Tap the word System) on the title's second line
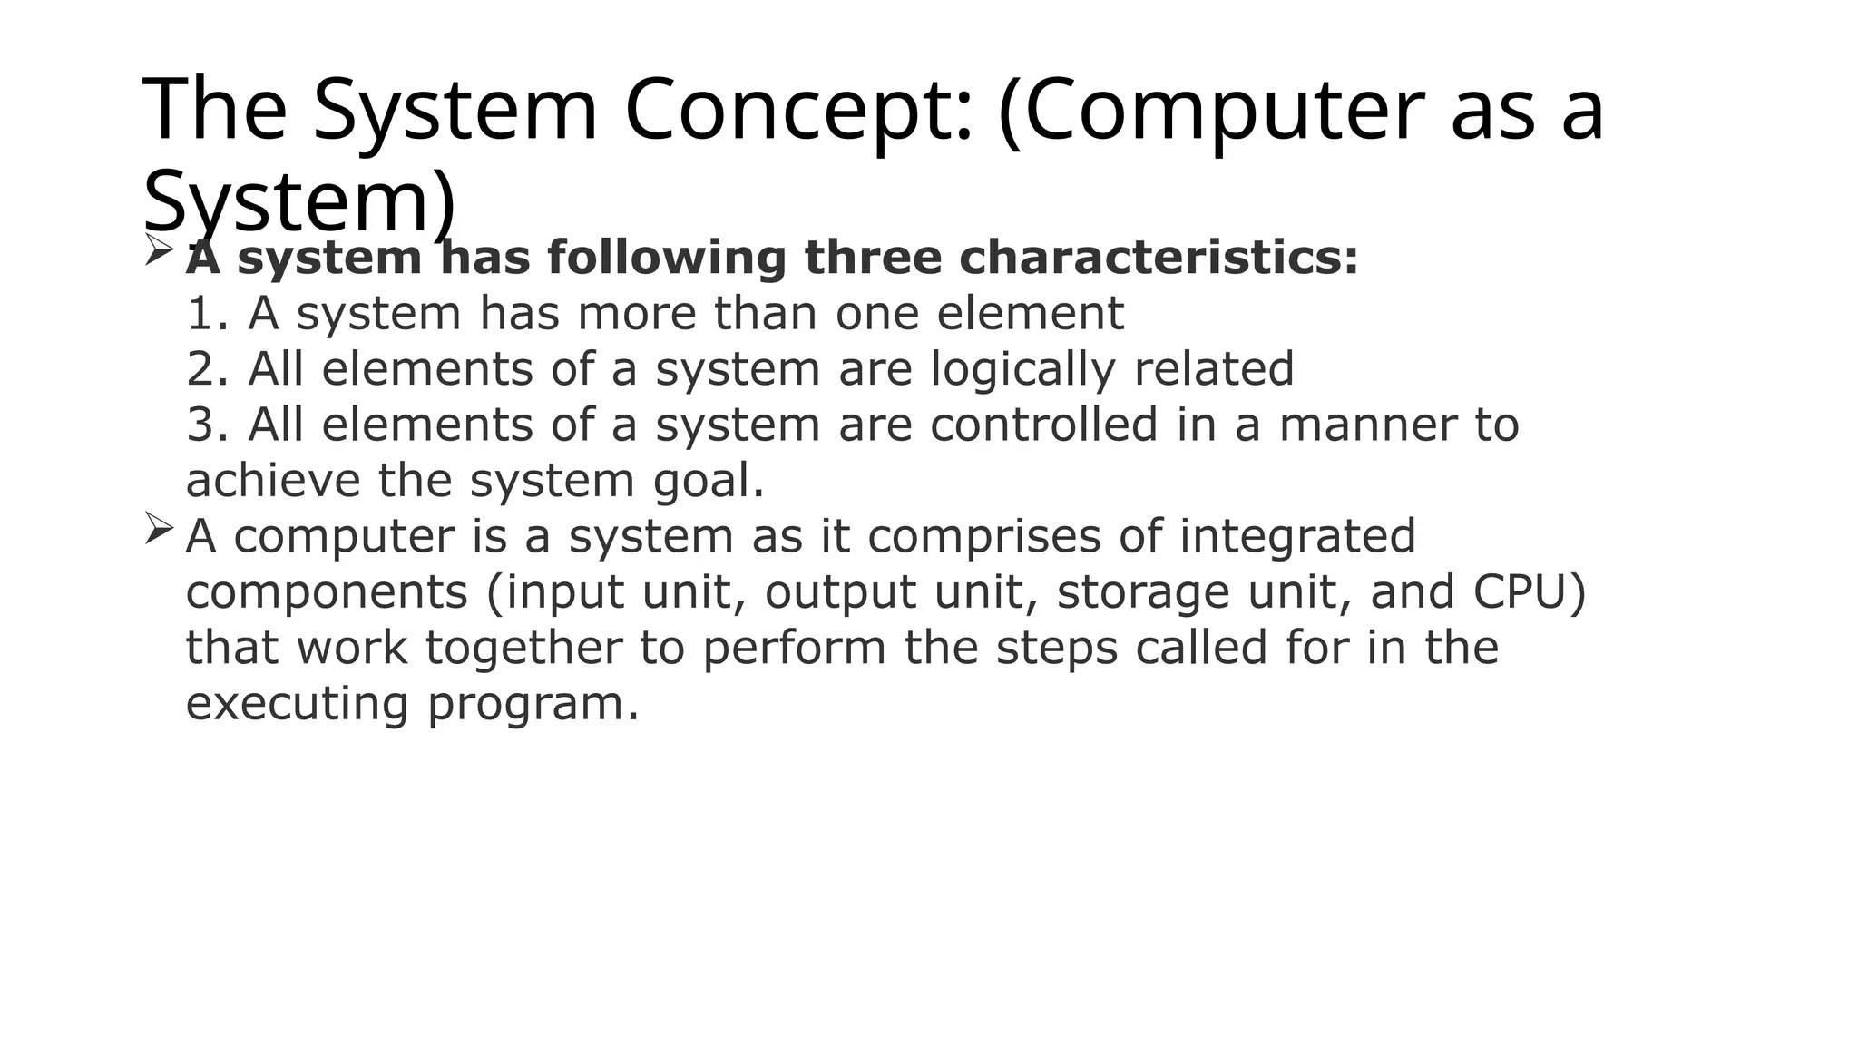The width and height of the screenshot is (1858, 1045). click(299, 201)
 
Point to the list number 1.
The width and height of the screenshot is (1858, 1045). click(206, 314)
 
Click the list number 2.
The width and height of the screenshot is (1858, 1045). click(206, 369)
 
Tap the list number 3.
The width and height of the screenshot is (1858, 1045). click(206, 425)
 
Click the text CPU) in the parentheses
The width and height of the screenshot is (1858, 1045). click(1530, 592)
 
